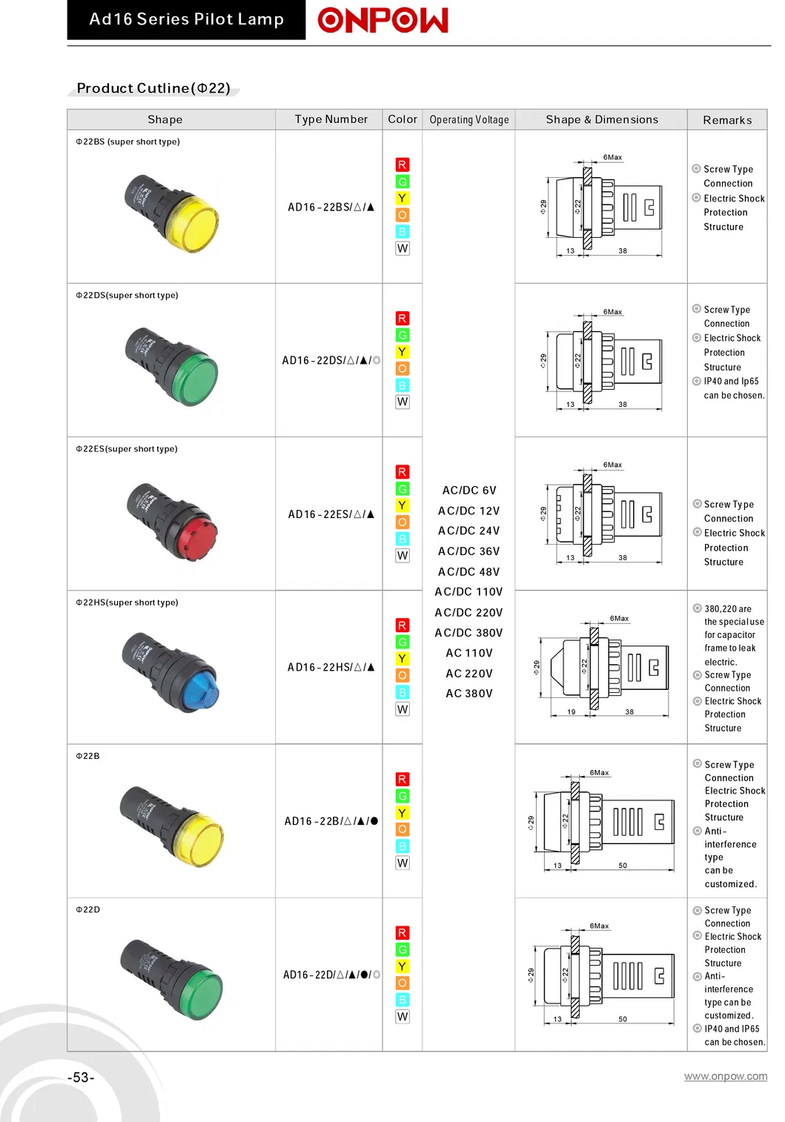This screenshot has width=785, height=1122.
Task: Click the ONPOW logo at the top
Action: pos(382,20)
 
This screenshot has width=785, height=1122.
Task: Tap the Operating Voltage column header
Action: pos(469,120)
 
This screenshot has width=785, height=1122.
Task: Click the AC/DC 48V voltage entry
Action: pos(469,571)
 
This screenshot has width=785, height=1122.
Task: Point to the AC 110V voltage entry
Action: pos(469,653)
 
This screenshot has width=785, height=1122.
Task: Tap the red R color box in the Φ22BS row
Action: pos(403,165)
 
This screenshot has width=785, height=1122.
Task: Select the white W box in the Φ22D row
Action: pos(403,1016)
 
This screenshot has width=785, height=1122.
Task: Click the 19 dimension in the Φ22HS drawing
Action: pos(571,711)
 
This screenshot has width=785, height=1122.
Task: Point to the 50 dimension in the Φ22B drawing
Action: pos(623,866)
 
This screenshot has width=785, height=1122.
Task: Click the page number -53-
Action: pos(81,1078)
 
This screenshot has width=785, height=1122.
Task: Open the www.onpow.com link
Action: pos(726,1076)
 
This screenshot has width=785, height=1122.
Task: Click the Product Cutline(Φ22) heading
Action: pos(153,88)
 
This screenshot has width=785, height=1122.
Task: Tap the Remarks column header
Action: pos(727,120)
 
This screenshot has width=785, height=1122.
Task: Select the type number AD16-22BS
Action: pos(331,207)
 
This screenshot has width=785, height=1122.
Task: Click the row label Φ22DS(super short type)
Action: pos(127,295)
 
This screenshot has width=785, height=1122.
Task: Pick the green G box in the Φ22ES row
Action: pos(403,488)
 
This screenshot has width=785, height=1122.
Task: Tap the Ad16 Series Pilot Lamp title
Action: pos(186,19)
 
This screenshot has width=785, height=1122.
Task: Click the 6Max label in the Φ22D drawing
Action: pos(599,926)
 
